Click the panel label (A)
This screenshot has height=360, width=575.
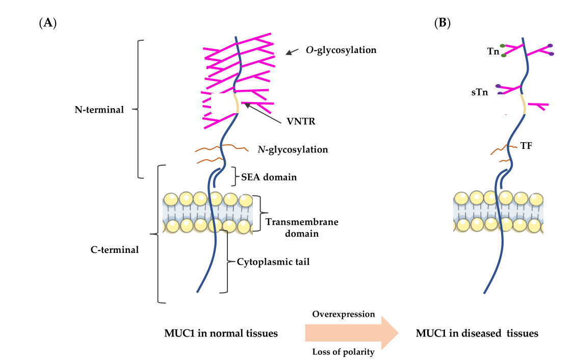[47, 22]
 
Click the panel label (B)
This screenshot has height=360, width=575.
[442, 22]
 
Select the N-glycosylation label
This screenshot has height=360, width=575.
[293, 150]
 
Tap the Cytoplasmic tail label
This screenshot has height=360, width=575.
[273, 262]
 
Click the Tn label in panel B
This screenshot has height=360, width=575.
[493, 52]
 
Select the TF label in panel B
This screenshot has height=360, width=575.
[527, 146]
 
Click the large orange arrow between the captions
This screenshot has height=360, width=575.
[352, 333]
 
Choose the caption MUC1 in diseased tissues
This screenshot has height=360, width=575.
[477, 333]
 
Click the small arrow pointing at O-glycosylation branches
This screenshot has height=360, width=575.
[292, 52]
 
